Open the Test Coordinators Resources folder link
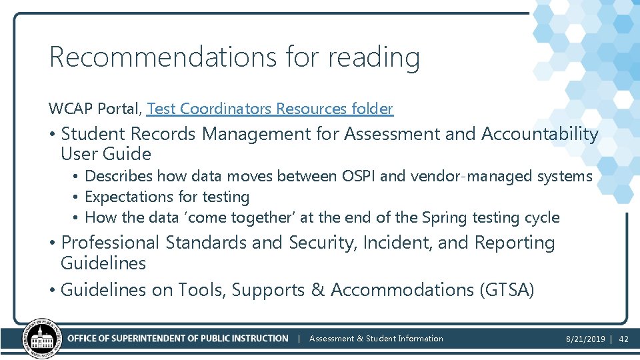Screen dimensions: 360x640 [270, 108]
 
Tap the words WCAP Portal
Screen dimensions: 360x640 [94, 108]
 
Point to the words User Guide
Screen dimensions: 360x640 [106, 154]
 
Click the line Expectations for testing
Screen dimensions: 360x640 [167, 197]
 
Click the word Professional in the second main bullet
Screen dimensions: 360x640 [110, 243]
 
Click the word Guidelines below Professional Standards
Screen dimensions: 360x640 [103, 263]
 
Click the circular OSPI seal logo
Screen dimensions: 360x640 [43, 339]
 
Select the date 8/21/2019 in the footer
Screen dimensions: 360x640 [585, 339]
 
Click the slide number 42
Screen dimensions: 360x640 [624, 339]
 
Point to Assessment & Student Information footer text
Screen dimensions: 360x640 [376, 339]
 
